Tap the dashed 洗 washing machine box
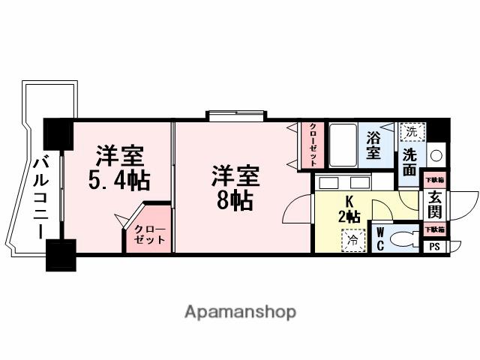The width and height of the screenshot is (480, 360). click(409, 131)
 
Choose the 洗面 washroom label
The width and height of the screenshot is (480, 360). click(409, 160)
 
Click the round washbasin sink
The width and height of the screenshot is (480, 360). click(436, 156)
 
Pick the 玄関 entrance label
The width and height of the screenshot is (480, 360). click(435, 203)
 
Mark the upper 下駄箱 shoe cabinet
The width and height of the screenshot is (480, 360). click(435, 179)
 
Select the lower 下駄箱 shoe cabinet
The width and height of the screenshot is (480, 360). click(435, 229)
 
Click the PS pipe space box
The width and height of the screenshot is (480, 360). click(435, 245)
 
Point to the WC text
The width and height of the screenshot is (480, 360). click(380, 238)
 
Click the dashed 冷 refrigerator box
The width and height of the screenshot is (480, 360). click(352, 240)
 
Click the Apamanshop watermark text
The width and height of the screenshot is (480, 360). click(240, 311)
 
